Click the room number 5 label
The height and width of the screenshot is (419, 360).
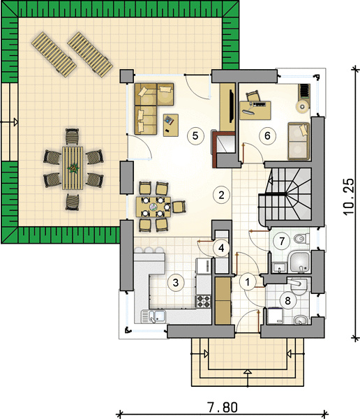pyautogui.click(x=195, y=135)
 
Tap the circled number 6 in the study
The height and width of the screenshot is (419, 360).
pyautogui.click(x=267, y=135)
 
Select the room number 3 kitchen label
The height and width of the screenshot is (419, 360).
pyautogui.click(x=175, y=282)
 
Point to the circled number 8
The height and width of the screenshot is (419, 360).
pyautogui.click(x=287, y=300)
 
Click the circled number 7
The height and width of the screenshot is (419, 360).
pyautogui.click(x=282, y=242)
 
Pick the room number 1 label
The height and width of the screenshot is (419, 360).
pyautogui.click(x=248, y=282)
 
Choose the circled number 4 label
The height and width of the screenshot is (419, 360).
pyautogui.click(x=221, y=248)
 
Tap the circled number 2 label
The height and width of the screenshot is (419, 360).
pyautogui.click(x=221, y=195)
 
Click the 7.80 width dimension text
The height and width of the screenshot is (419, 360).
pyautogui.click(x=222, y=408)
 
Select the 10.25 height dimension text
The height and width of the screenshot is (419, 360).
pyautogui.click(x=349, y=197)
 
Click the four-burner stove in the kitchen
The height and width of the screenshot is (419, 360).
pyautogui.click(x=204, y=301)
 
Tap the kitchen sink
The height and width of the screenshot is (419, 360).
pyautogui.click(x=153, y=316)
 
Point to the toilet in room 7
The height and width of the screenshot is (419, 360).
pyautogui.click(x=301, y=239)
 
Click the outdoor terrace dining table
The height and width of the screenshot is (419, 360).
pyautogui.click(x=73, y=168)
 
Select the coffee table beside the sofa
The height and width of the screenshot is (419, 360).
pyautogui.click(x=171, y=125)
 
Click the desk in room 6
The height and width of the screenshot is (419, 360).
pyautogui.click(x=255, y=110)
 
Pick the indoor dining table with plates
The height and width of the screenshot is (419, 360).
pyautogui.click(x=153, y=207)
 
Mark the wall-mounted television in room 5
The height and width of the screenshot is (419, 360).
pyautogui.click(x=231, y=106)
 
